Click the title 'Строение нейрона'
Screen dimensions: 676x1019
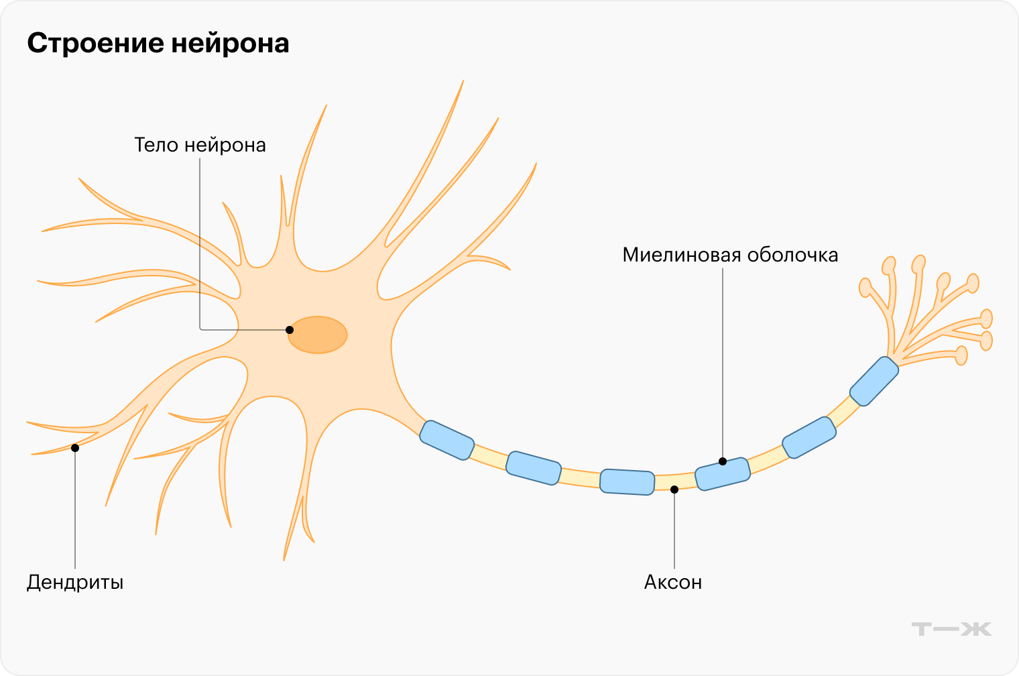(x=158, y=44)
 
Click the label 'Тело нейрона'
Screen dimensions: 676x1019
(x=200, y=145)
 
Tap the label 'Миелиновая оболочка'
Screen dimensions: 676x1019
(x=730, y=256)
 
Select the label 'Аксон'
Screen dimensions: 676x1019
(x=673, y=582)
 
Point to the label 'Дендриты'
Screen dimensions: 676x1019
(x=75, y=582)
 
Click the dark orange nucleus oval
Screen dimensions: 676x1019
(x=318, y=335)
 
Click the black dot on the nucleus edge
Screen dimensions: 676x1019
(x=290, y=330)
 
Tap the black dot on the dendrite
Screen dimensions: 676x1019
(x=75, y=447)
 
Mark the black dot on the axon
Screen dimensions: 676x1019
(x=674, y=490)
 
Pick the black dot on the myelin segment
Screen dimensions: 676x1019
(x=723, y=461)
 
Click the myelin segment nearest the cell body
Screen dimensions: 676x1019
(x=446, y=441)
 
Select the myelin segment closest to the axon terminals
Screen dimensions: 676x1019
(x=874, y=381)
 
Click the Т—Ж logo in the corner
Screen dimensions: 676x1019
(x=951, y=629)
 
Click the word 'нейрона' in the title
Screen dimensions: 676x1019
(x=230, y=44)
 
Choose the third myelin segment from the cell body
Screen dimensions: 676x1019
(x=627, y=482)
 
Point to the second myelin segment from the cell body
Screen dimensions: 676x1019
(x=533, y=468)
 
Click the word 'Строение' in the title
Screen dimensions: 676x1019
(x=95, y=44)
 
